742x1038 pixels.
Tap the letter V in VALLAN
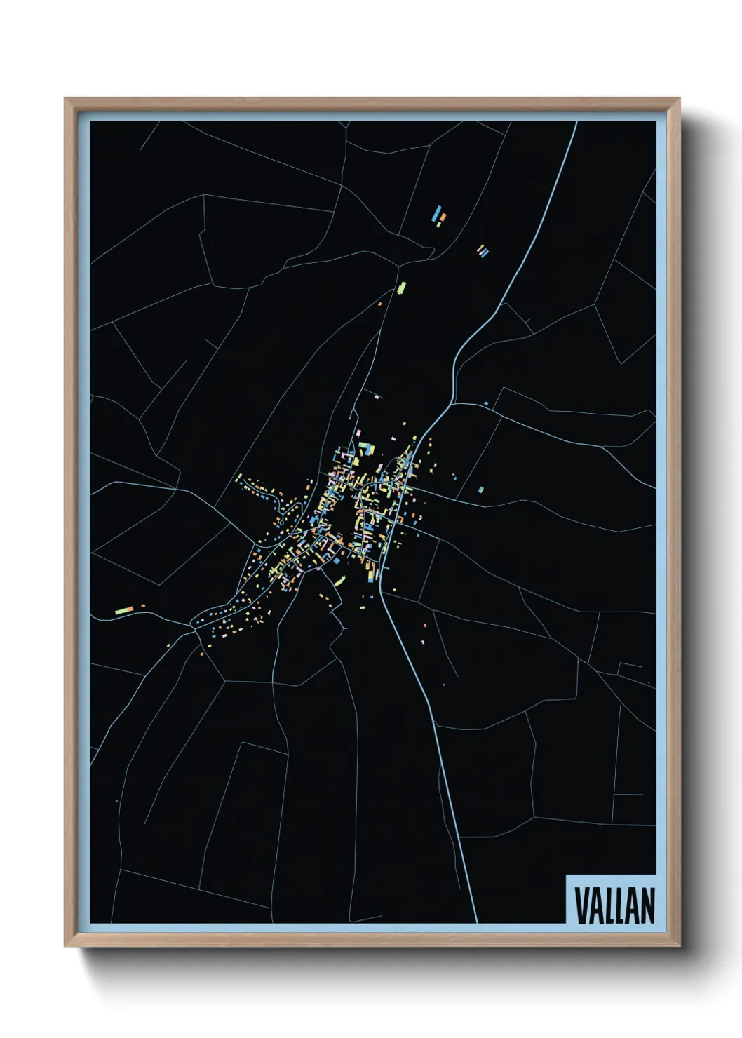581,905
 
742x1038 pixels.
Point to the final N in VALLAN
647,905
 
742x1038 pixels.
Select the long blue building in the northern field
437,213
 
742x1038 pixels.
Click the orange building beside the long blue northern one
442,218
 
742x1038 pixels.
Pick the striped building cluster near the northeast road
483,250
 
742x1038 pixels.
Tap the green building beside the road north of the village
402,287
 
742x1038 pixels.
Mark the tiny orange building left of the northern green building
380,304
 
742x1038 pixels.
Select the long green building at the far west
124,610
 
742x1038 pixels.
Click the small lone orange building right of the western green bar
142,605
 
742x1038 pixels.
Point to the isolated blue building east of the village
480,490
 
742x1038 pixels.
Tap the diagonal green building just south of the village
340,581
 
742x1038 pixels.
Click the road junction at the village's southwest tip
194,624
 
